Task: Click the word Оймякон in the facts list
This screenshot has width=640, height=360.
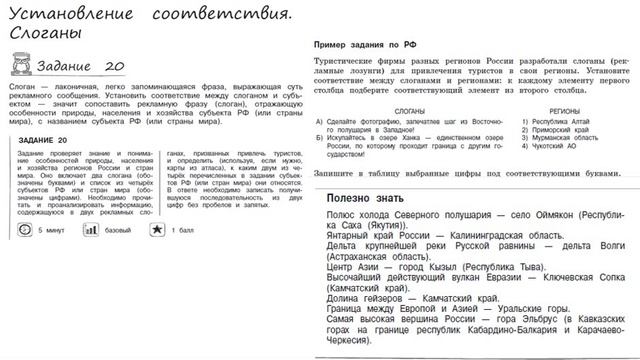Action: tap(539, 216)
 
